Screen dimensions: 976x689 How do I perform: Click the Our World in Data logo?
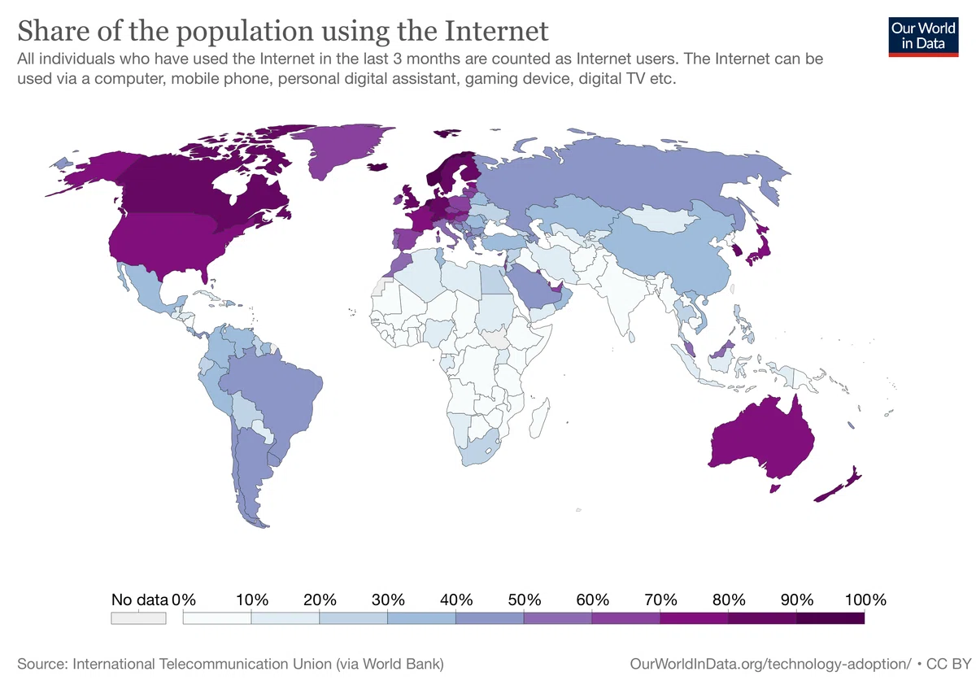[923, 37]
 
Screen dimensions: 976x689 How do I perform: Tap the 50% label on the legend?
[524, 600]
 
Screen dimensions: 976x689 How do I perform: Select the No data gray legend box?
[138, 618]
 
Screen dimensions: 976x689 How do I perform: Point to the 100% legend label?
[865, 600]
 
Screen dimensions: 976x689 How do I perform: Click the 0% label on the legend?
[184, 600]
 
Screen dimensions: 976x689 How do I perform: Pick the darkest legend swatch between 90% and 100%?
[830, 618]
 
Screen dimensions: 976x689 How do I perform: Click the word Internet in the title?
[496, 31]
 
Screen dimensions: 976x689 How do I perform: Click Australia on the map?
[764, 440]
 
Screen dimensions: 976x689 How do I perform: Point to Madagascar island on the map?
[540, 418]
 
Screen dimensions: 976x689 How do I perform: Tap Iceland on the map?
[377, 168]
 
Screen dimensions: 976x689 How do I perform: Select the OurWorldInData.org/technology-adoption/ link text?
[770, 664]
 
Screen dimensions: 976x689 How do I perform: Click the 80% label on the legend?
[729, 600]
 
